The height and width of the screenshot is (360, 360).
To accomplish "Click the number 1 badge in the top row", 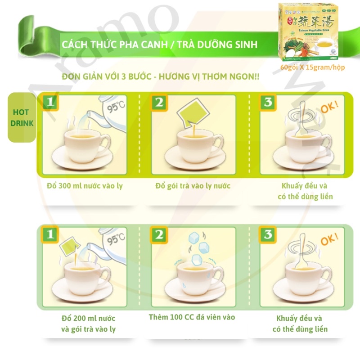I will coord(50,103).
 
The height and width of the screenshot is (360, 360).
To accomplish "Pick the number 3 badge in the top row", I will coord(268,103).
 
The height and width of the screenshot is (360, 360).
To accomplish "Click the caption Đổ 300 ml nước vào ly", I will coord(85,185).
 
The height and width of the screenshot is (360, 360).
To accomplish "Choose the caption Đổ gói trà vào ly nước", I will coord(193,185).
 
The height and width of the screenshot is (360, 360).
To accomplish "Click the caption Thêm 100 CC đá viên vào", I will coord(192,317).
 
